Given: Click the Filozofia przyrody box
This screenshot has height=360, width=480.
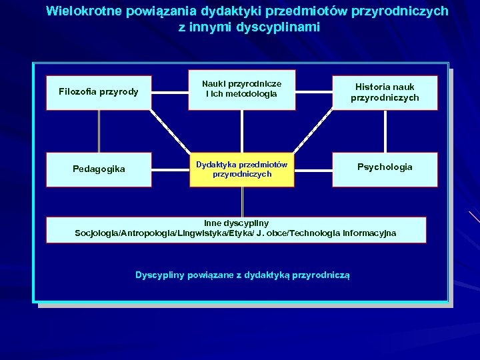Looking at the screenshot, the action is [x=99, y=92].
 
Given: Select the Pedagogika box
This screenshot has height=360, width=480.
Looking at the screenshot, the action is [x=99, y=169].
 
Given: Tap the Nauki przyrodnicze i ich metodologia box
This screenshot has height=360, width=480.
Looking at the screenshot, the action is [x=242, y=89].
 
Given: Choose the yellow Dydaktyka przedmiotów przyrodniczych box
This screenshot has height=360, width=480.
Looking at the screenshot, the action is [x=242, y=169].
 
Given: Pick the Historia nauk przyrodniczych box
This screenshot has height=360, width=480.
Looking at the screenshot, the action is [x=385, y=93].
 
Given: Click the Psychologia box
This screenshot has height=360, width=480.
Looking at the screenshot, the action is [x=385, y=167].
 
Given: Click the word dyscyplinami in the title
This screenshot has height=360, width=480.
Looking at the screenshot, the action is [x=283, y=27].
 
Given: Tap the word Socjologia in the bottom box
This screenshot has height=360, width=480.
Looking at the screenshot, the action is [x=98, y=233].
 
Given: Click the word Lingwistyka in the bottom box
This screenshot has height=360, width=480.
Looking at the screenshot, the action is [x=201, y=233].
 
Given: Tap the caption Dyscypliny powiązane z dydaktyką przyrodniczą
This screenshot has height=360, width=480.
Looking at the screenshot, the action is [x=242, y=275].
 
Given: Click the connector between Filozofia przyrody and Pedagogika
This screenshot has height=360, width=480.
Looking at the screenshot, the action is [x=99, y=131].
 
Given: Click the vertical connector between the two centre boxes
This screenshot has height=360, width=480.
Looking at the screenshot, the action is [x=242, y=131].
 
